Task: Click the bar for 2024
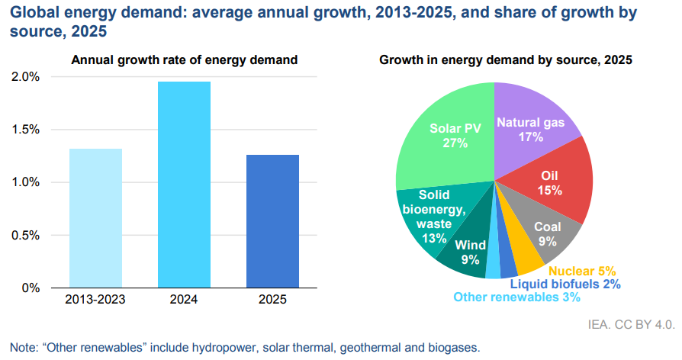point(184,184)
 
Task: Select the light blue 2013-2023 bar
point(95,217)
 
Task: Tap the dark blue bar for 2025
point(272,220)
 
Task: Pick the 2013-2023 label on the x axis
point(95,300)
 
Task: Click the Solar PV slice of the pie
point(450,137)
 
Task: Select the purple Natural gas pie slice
point(534,122)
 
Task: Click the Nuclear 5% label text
point(581,271)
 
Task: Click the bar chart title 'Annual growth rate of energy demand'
point(184,60)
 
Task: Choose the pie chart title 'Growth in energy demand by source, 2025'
point(506,60)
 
